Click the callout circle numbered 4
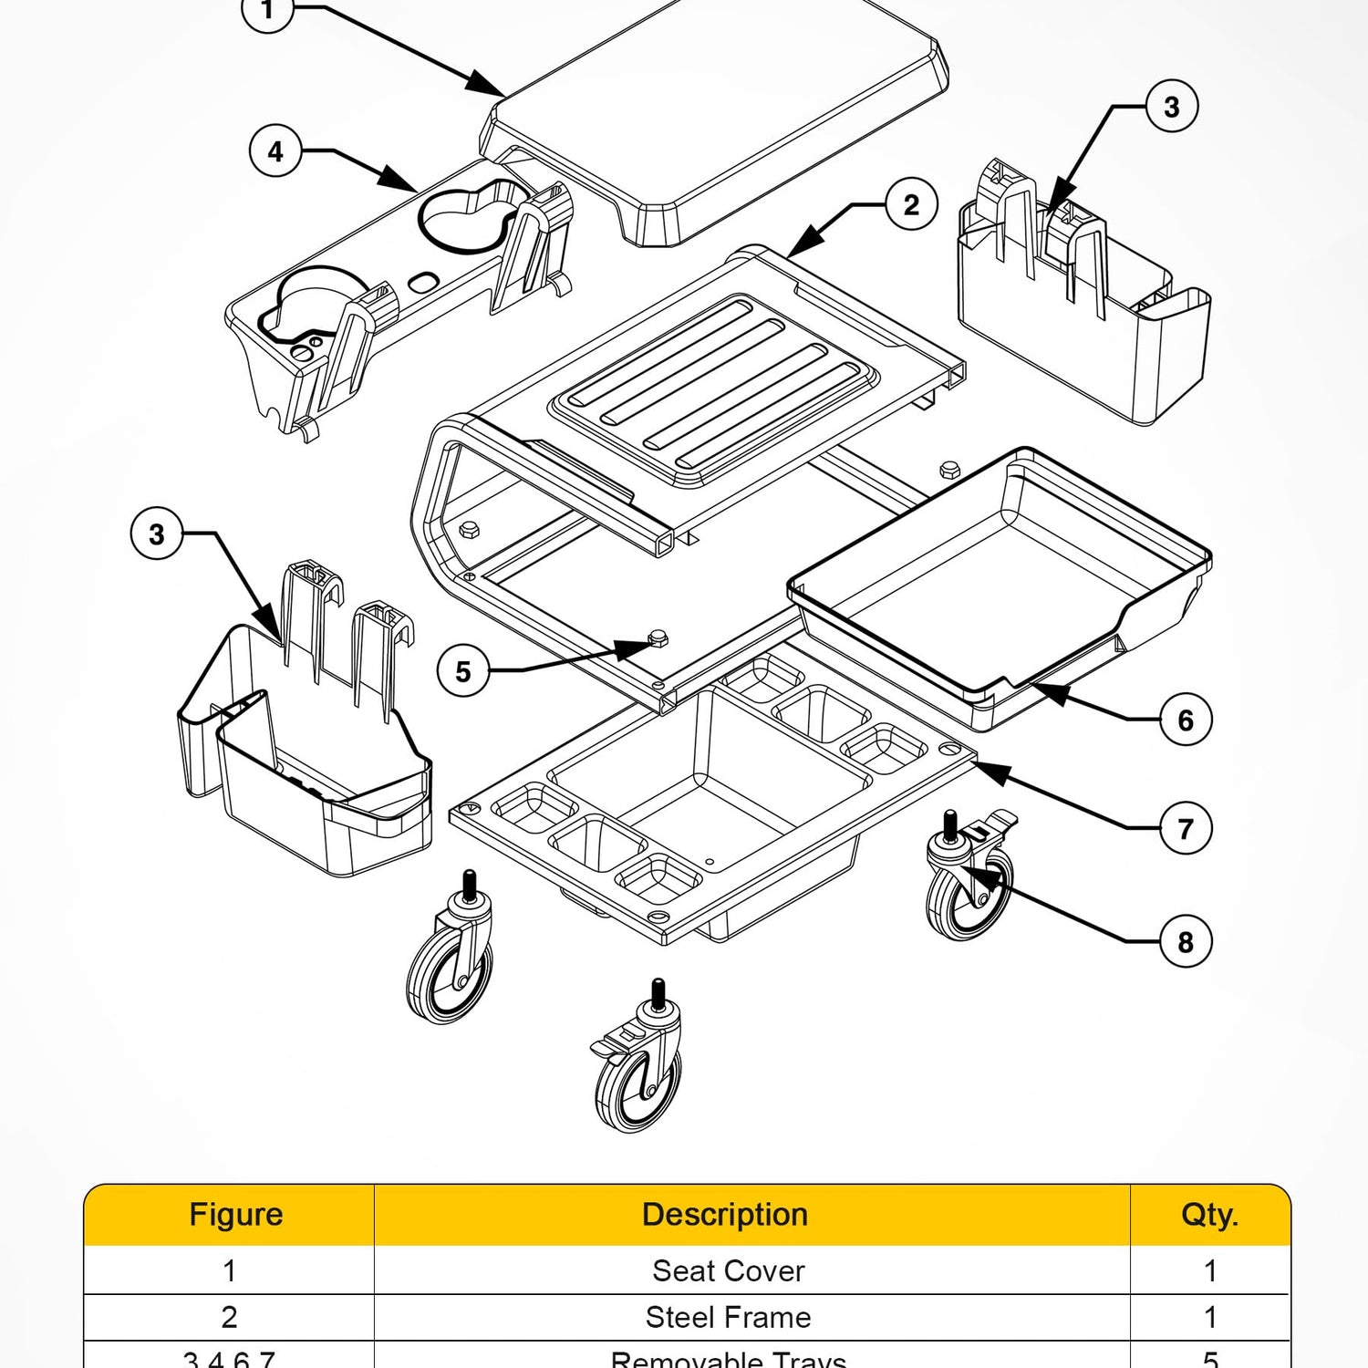click(275, 151)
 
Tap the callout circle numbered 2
click(911, 204)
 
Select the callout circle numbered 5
click(463, 672)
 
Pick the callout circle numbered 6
click(1186, 720)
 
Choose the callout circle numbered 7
click(1186, 829)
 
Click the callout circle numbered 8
click(1186, 942)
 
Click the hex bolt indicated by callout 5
click(658, 638)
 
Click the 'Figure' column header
click(235, 1215)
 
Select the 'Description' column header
click(725, 1215)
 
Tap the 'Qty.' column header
click(1209, 1215)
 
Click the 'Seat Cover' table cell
click(728, 1270)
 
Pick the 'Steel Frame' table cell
click(728, 1317)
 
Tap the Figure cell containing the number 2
click(229, 1317)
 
